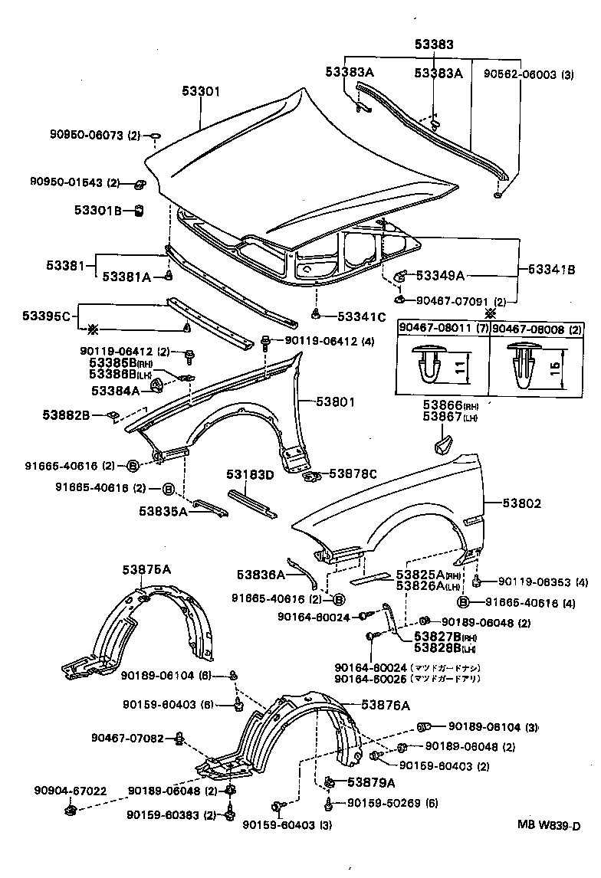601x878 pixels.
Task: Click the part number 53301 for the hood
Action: coord(201,91)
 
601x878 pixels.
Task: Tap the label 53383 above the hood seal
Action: coord(434,45)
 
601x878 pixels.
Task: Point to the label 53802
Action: coord(522,503)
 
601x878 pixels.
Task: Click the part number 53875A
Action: coord(146,569)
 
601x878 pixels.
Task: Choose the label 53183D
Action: coord(249,474)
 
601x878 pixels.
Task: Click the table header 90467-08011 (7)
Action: coord(442,327)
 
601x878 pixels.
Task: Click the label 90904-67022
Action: coord(70,791)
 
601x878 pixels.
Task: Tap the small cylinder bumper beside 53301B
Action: coord(140,210)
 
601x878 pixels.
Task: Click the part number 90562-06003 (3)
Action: coord(528,74)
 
